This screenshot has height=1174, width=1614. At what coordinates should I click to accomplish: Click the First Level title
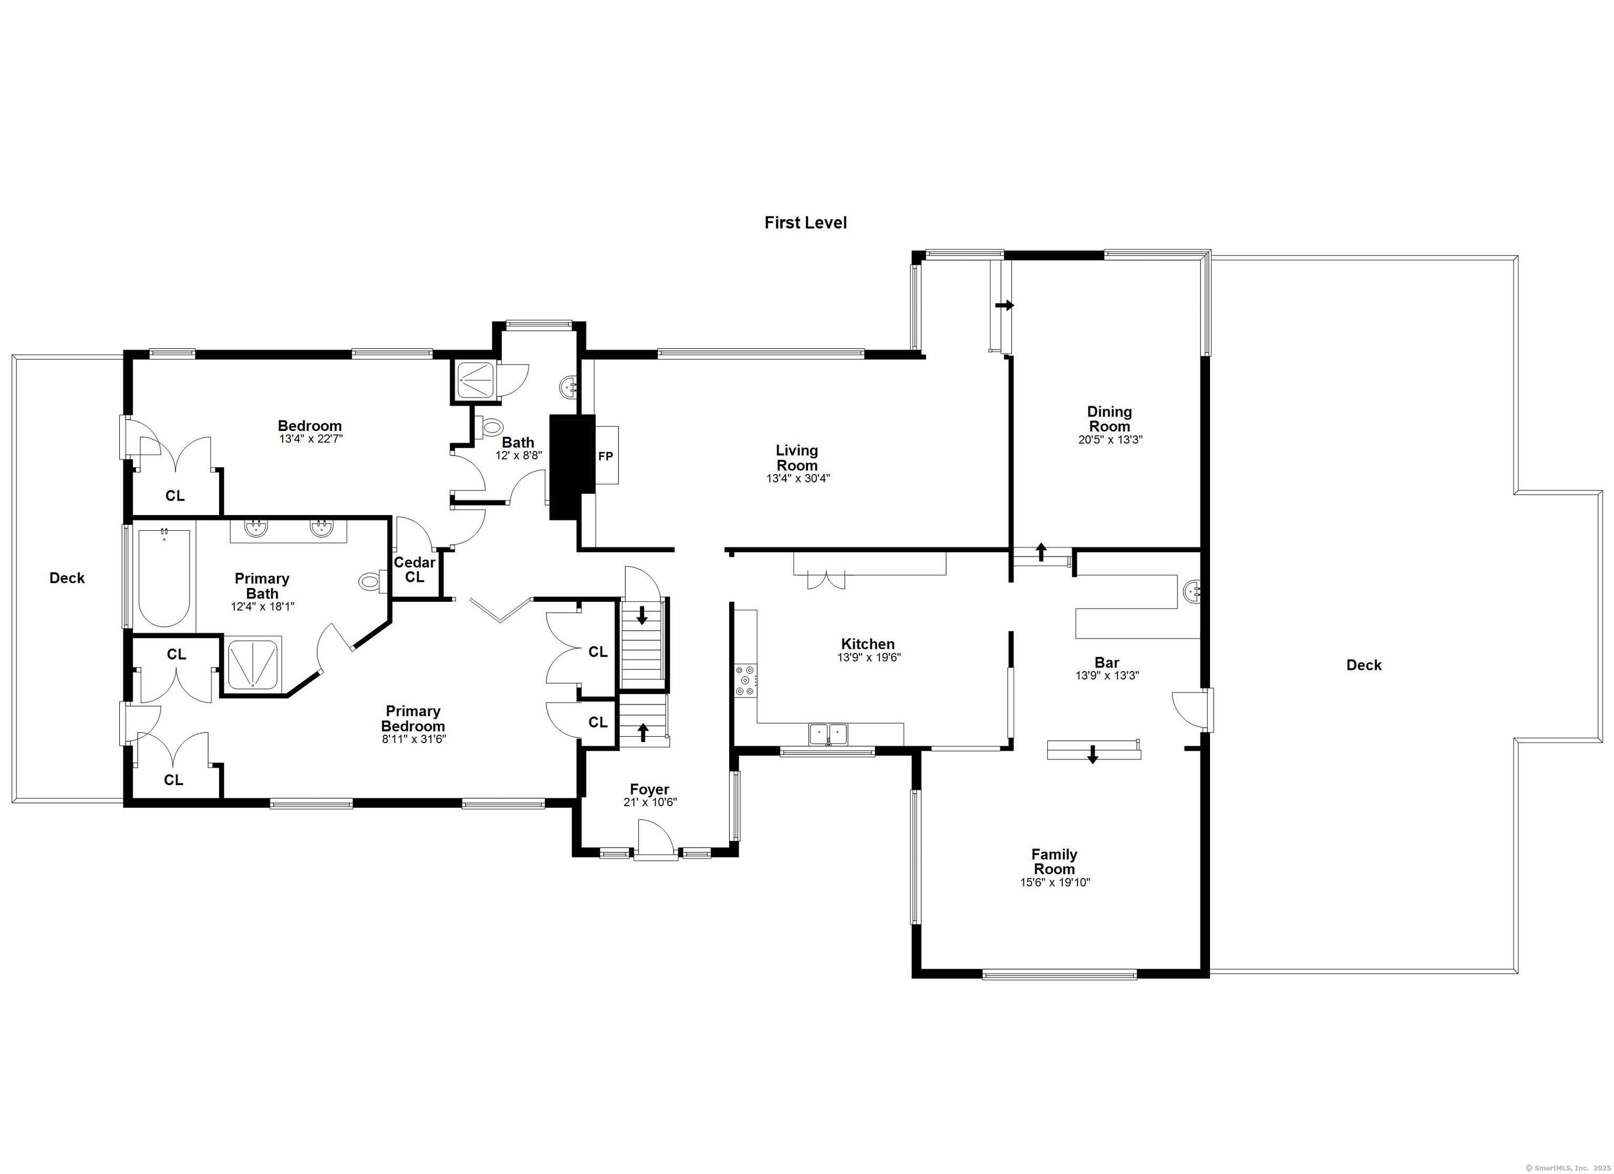805,223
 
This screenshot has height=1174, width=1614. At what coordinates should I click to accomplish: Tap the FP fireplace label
605,456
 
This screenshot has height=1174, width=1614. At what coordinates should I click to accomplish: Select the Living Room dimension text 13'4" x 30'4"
797,478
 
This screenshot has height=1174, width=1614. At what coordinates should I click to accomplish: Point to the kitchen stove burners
745,680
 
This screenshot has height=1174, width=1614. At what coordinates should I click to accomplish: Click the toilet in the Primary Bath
371,582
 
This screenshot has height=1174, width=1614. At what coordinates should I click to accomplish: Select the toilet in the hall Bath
490,427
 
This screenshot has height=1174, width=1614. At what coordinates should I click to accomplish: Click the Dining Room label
1109,419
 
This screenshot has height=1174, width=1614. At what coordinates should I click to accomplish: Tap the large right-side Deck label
1363,665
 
